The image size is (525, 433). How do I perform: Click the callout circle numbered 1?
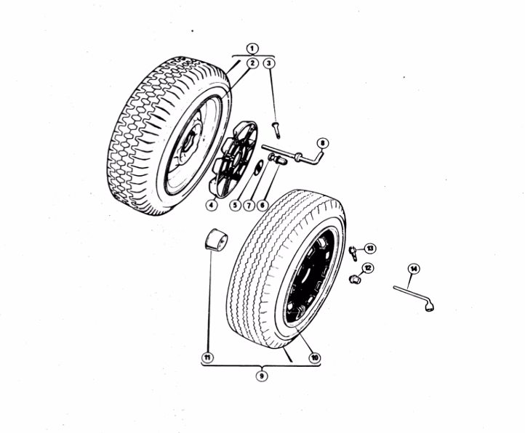click(252, 49)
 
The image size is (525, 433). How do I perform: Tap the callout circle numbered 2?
click(252, 63)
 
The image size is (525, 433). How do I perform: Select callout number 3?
click(269, 63)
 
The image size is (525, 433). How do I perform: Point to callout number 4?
click(211, 205)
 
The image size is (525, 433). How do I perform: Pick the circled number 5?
click(236, 205)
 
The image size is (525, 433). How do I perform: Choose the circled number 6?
click(262, 205)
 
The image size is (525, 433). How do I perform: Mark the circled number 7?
click(249, 205)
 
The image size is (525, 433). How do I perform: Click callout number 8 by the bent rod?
click(322, 144)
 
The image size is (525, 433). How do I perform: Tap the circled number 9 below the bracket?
click(262, 376)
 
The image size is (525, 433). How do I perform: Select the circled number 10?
click(314, 357)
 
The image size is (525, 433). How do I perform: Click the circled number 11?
click(207, 357)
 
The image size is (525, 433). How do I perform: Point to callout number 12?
click(368, 268)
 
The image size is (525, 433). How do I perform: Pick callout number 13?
click(370, 248)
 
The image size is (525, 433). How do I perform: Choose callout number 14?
click(414, 269)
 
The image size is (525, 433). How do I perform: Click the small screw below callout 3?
click(277, 130)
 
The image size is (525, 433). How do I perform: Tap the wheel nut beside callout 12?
click(354, 278)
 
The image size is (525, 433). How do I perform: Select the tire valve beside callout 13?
click(353, 254)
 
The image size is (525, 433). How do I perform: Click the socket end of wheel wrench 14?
click(430, 307)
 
